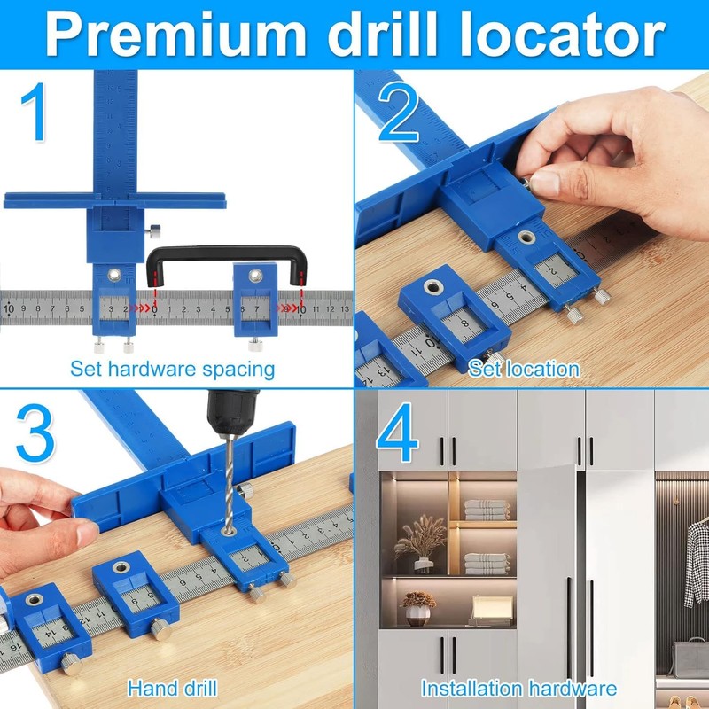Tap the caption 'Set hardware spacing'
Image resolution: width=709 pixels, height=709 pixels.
tap(172, 369)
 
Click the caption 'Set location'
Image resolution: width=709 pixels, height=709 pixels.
tap(524, 369)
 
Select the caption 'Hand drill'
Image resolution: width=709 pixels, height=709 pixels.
tap(172, 688)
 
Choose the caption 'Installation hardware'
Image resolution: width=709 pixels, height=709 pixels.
tap(518, 688)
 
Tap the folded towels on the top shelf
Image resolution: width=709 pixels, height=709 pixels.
tap(487, 510)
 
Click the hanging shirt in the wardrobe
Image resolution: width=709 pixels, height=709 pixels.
tap(697, 550)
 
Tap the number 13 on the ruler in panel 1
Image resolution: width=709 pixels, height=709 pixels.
tap(344, 309)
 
